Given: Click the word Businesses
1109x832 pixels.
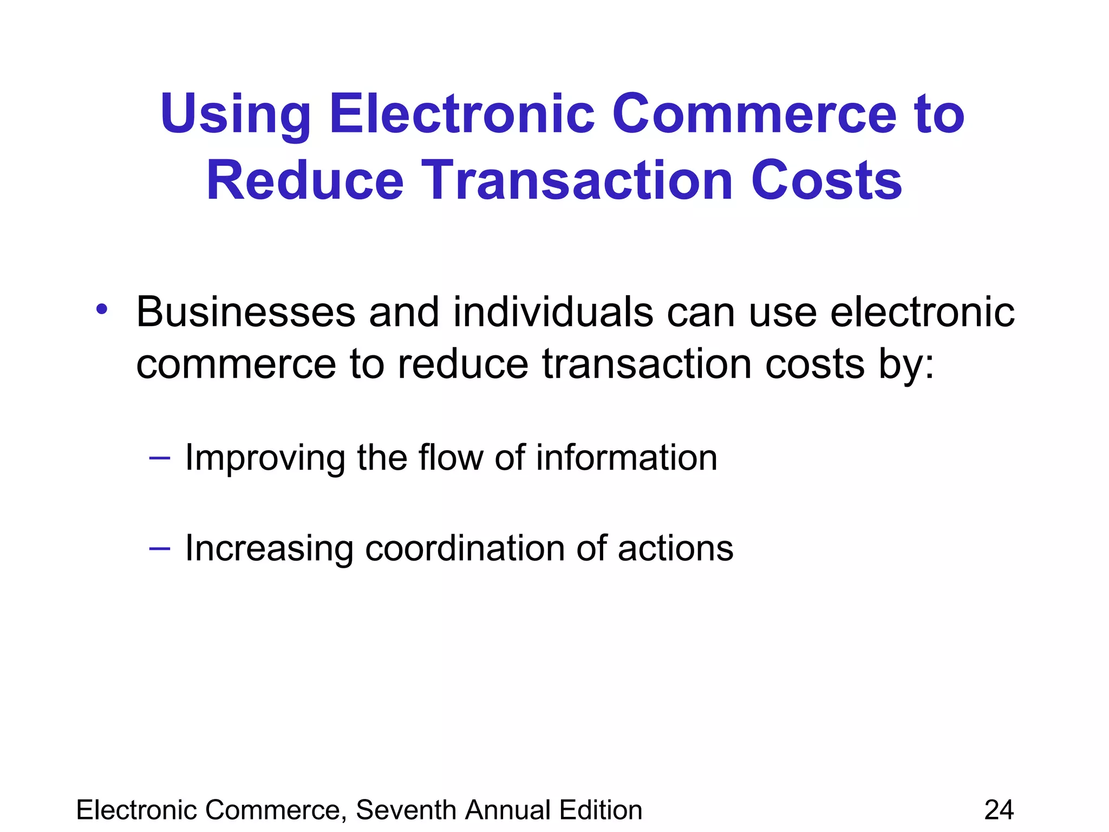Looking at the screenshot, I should click(x=245, y=313).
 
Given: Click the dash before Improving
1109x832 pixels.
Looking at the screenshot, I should click(x=159, y=458).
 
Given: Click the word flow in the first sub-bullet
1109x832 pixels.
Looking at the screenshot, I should click(x=451, y=458).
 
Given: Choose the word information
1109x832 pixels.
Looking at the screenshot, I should click(x=627, y=458).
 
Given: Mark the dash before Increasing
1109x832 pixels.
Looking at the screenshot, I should click(x=159, y=549).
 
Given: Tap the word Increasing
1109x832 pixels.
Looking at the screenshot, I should click(x=269, y=549).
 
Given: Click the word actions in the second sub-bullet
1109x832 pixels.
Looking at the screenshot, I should click(x=675, y=548).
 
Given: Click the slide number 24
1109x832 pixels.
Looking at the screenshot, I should click(x=999, y=810).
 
